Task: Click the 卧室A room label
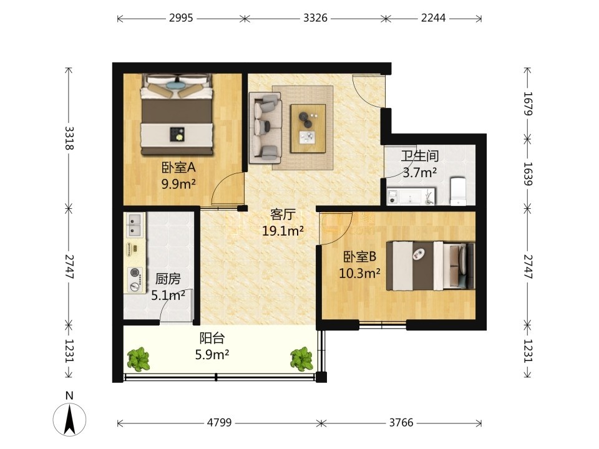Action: (179, 167)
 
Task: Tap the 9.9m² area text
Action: (179, 184)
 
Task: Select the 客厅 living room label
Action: (283, 214)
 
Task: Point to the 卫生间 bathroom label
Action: (419, 156)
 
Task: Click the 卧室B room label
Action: (359, 256)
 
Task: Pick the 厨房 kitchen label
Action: (168, 279)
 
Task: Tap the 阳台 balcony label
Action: (212, 338)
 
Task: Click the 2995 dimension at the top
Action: (181, 18)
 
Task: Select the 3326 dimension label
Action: (315, 18)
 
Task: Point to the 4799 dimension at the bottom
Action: (219, 423)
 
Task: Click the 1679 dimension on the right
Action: (528, 104)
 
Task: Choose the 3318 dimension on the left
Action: (69, 138)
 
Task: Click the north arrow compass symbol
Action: (69, 419)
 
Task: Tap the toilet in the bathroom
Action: (459, 191)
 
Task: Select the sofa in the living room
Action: (265, 128)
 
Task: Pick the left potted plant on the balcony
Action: (139, 359)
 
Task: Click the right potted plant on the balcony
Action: (302, 359)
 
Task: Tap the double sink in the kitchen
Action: (135, 225)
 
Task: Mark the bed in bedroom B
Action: (430, 266)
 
